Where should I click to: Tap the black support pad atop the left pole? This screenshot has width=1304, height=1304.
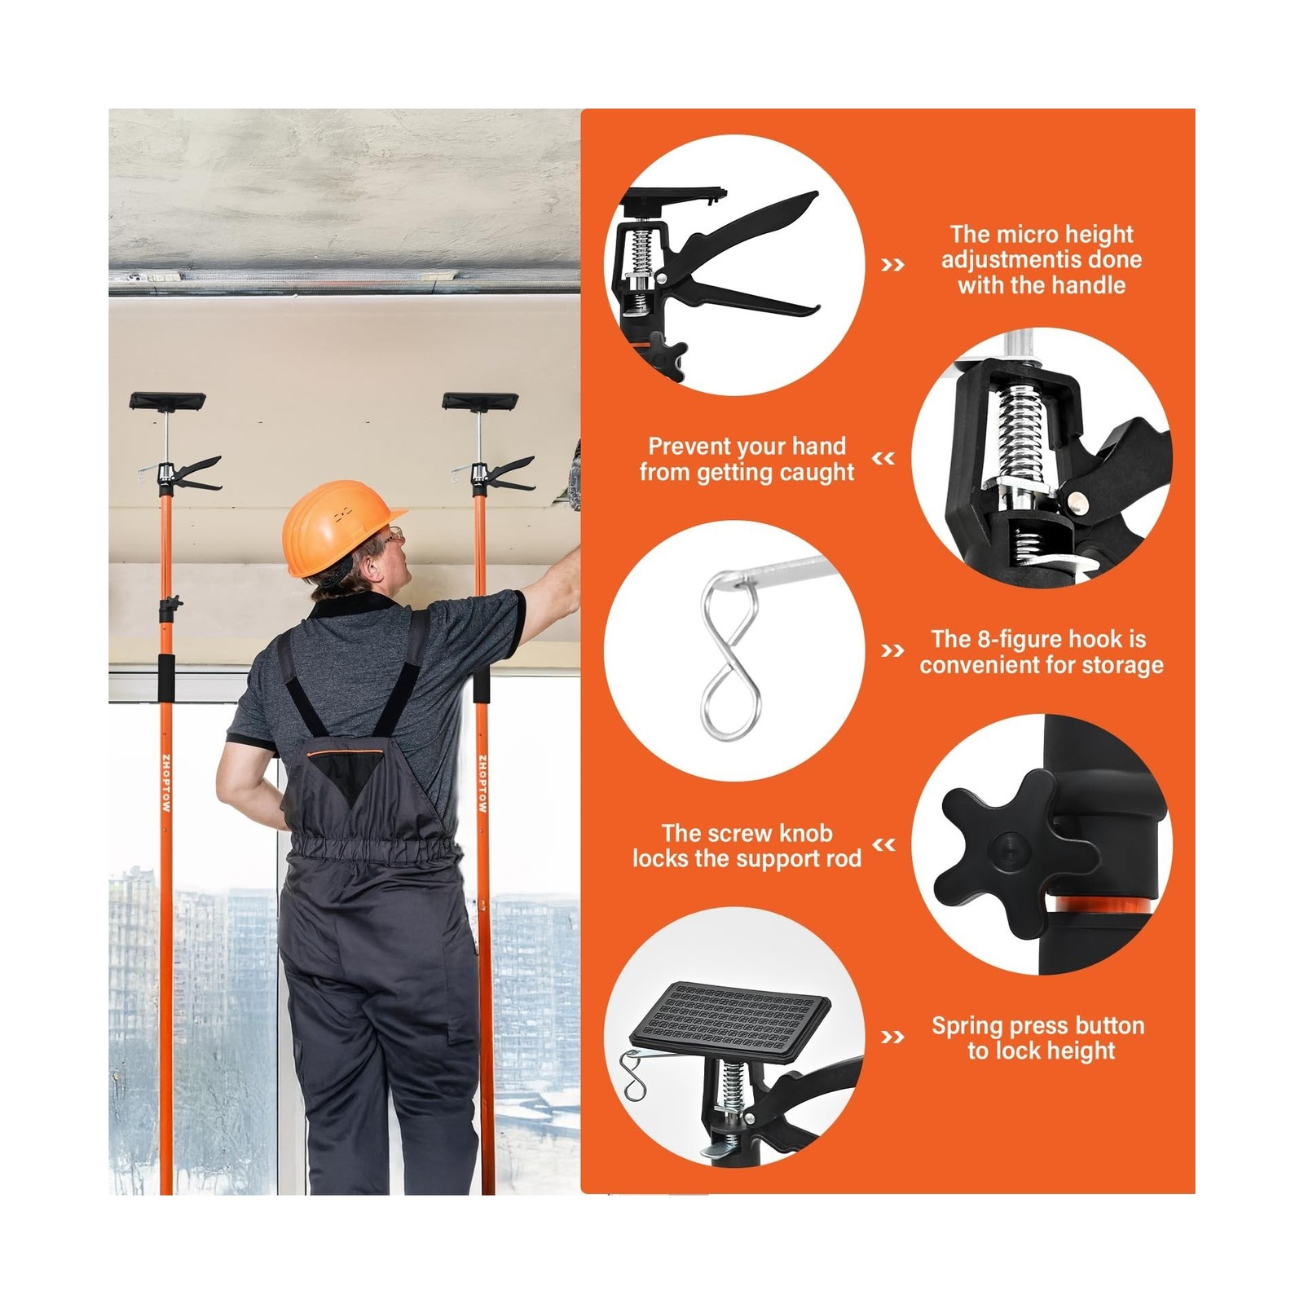click(167, 401)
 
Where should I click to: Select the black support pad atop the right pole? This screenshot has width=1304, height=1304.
click(480, 401)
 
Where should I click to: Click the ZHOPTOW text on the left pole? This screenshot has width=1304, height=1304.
click(166, 782)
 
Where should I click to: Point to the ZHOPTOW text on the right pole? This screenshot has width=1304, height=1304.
click(482, 782)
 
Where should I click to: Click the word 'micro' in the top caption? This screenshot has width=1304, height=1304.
click(1021, 235)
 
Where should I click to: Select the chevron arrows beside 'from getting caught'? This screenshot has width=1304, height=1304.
click(883, 459)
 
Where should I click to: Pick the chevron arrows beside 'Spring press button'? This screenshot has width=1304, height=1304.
click(893, 1037)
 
